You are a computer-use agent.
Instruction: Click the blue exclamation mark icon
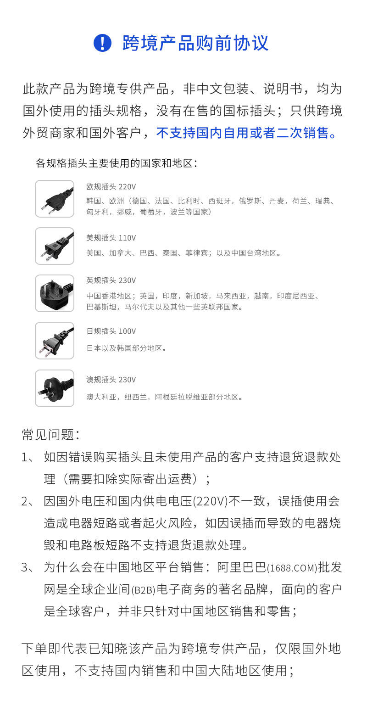[x=102, y=43]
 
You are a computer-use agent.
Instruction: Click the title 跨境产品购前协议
[x=195, y=43]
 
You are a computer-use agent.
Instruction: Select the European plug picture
[x=55, y=199]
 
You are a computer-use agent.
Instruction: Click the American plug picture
[x=55, y=246]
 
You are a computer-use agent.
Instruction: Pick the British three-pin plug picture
[x=55, y=293]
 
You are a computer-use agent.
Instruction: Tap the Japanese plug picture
[x=55, y=341]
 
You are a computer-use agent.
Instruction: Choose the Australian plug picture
[x=55, y=388]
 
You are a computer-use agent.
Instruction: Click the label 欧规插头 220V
[x=111, y=187]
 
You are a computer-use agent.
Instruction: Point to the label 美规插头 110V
[x=111, y=238]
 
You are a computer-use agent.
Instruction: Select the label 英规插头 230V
[x=111, y=280]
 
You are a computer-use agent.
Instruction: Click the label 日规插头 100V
[x=111, y=331]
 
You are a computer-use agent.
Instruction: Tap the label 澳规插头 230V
[x=111, y=380]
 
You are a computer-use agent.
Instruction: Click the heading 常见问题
[x=50, y=434]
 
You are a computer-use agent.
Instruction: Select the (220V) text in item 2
[x=211, y=501]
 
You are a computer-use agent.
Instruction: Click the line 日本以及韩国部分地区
[x=127, y=348]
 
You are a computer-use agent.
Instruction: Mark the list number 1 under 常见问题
[x=26, y=457]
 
